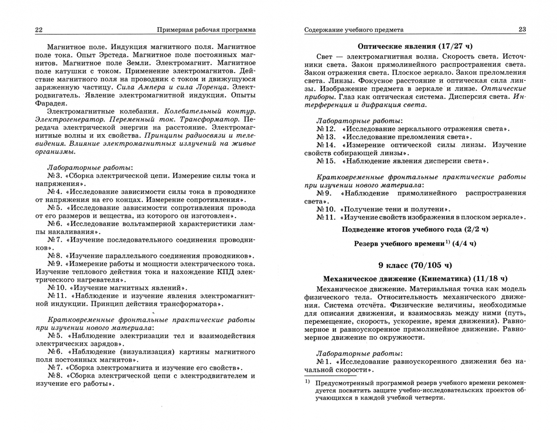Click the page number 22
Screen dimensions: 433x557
[x=39, y=30]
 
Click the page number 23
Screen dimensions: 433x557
[x=522, y=29]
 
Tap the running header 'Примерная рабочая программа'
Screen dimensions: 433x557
[x=206, y=30]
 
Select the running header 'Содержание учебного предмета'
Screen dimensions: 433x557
[x=354, y=30]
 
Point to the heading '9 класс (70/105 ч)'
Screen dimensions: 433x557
[x=415, y=265]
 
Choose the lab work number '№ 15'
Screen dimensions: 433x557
[x=325, y=161]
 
